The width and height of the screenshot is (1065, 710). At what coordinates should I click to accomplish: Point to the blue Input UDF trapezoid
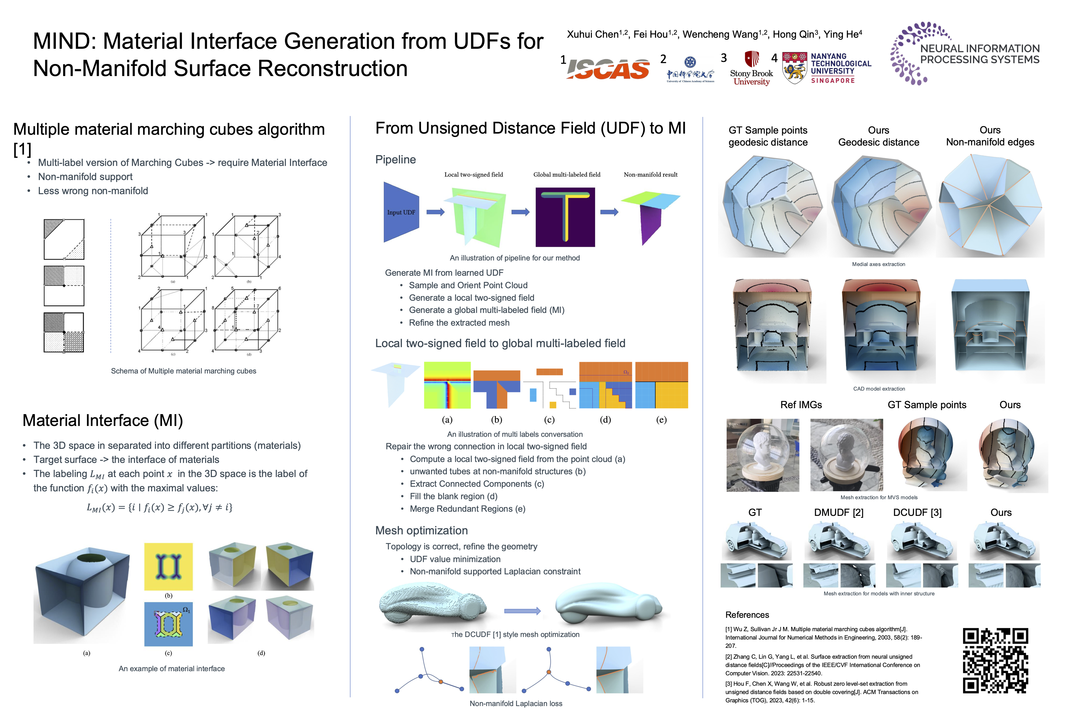pyautogui.click(x=401, y=212)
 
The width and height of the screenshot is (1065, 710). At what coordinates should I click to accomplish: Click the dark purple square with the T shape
pyautogui.click(x=565, y=217)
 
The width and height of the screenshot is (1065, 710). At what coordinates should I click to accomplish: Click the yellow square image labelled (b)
pyautogui.click(x=168, y=567)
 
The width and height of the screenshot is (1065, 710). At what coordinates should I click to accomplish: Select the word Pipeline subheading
pyautogui.click(x=395, y=160)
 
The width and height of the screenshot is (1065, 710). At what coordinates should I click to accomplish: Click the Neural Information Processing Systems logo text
pyautogui.click(x=979, y=54)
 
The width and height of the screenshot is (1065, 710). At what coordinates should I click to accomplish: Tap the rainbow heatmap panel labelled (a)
pyautogui.click(x=447, y=385)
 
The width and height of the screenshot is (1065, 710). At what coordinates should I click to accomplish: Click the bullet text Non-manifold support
pyautogui.click(x=85, y=177)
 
